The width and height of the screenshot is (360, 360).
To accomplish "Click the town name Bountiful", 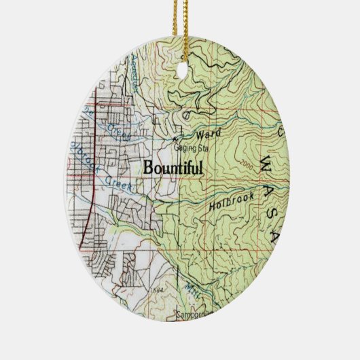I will [173, 168].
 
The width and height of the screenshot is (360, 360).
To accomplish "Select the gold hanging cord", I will [179, 20].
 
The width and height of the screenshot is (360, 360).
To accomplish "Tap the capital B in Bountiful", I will [149, 168].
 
